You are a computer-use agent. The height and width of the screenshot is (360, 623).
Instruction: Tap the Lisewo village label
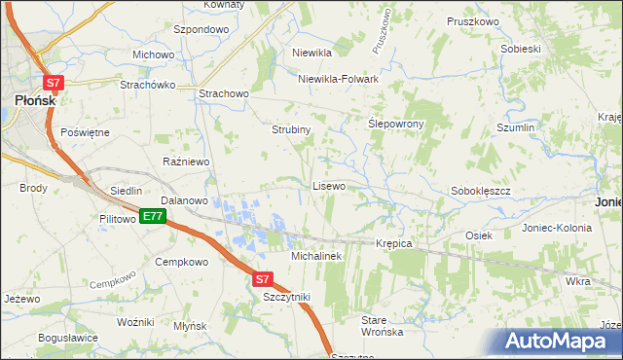[x=328, y=185]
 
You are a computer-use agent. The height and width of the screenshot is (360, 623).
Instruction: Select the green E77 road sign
[x=151, y=216]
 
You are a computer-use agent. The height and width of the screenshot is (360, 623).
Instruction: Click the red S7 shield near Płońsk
[x=55, y=84]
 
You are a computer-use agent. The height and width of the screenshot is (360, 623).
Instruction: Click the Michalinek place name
[x=316, y=255]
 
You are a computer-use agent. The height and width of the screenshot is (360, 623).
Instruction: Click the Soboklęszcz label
[x=481, y=191]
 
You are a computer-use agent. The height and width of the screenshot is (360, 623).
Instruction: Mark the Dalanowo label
[x=185, y=200]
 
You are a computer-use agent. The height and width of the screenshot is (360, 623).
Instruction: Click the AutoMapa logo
[x=554, y=342]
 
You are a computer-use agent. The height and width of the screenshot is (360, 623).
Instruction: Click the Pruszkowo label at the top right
[x=472, y=20]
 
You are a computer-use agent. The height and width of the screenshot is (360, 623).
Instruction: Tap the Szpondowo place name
[x=201, y=29]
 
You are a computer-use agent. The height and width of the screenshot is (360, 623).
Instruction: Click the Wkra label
[x=577, y=280]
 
